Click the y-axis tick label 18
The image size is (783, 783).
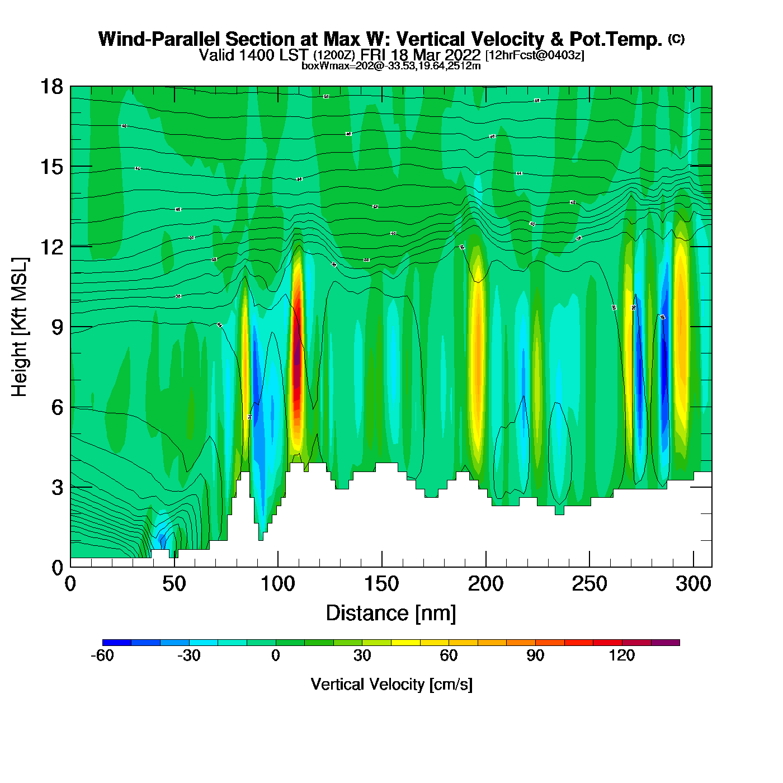click(51, 87)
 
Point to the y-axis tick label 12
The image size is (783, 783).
click(51, 247)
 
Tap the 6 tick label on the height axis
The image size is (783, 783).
click(57, 407)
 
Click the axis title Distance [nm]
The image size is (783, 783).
click(391, 614)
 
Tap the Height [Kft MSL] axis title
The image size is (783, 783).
click(20, 327)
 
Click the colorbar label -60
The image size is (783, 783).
click(102, 655)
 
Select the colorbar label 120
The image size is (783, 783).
click(622, 655)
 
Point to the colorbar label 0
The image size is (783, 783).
click(275, 655)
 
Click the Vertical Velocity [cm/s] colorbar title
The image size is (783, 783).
click(391, 685)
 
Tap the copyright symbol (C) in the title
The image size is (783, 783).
click(676, 39)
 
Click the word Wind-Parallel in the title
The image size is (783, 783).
click(160, 39)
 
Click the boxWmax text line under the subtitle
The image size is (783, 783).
click(391, 66)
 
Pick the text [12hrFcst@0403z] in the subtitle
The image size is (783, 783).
click(535, 55)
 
